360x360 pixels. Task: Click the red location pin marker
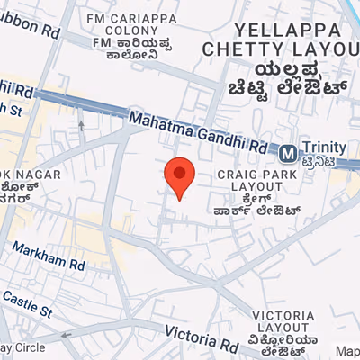[x=179, y=175]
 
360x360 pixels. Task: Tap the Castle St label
[x=27, y=302]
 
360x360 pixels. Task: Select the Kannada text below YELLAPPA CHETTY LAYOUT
[x=283, y=78]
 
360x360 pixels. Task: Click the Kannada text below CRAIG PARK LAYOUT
[x=261, y=208]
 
